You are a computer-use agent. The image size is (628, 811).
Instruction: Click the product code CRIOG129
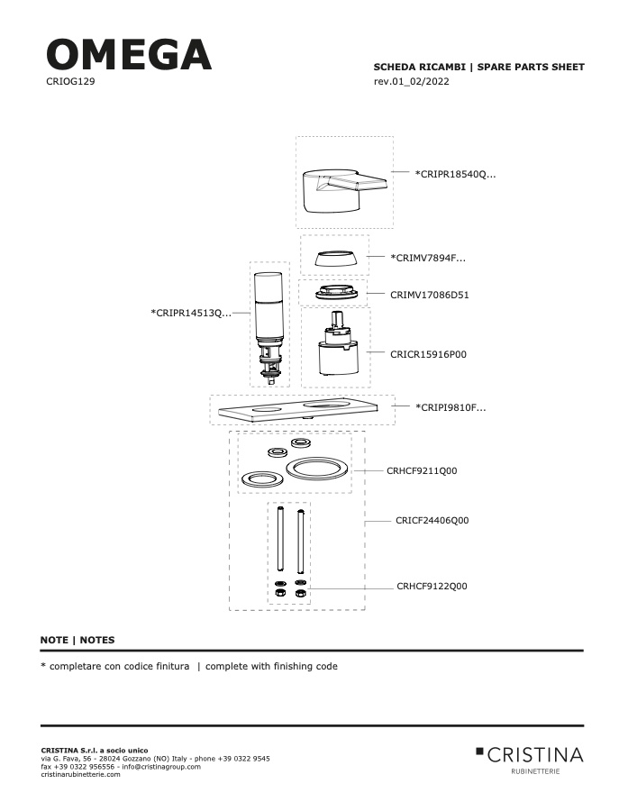pyautogui.click(x=70, y=81)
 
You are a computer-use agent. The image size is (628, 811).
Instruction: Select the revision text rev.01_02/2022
pyautogui.click(x=411, y=82)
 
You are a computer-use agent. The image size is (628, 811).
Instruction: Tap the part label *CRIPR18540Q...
pyautogui.click(x=455, y=174)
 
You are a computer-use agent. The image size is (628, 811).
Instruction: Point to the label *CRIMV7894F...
pyautogui.click(x=428, y=258)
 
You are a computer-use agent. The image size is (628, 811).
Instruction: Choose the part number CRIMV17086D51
pyautogui.click(x=430, y=294)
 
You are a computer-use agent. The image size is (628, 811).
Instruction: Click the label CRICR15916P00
pyautogui.click(x=428, y=354)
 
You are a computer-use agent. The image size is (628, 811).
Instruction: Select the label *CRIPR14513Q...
pyautogui.click(x=191, y=313)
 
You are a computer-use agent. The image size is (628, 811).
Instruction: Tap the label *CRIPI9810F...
pyautogui.click(x=451, y=407)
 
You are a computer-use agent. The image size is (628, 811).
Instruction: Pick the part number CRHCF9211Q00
pyautogui.click(x=422, y=470)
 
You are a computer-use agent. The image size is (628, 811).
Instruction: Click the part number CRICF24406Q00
pyautogui.click(x=432, y=520)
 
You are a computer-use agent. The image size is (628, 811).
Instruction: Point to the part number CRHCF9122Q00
pyautogui.click(x=432, y=586)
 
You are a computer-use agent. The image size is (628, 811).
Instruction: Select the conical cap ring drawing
pyautogui.click(x=334, y=259)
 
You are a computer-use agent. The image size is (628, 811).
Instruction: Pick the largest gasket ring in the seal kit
pyautogui.click(x=315, y=469)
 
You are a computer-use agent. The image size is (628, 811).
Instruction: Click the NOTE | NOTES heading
pyautogui.click(x=77, y=640)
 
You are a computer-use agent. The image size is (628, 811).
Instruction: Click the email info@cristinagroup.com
pyautogui.click(x=139, y=766)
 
